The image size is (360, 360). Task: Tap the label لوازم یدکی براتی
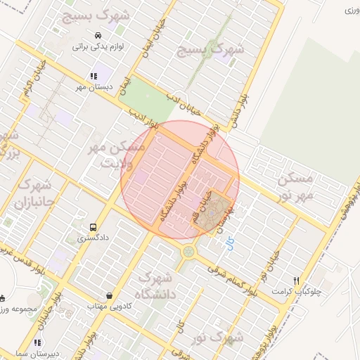pyautogui.click(x=98, y=48)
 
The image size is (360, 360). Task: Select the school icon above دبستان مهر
pyautogui.click(x=93, y=76)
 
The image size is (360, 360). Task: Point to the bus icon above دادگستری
pyautogui.click(x=94, y=228)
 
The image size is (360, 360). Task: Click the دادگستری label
pyautogui.click(x=94, y=240)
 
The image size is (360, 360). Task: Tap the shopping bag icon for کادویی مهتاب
pyautogui.click(x=108, y=295)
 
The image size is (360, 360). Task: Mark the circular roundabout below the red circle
pyautogui.click(x=189, y=252)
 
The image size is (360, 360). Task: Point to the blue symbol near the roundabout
pyautogui.click(x=228, y=243)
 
